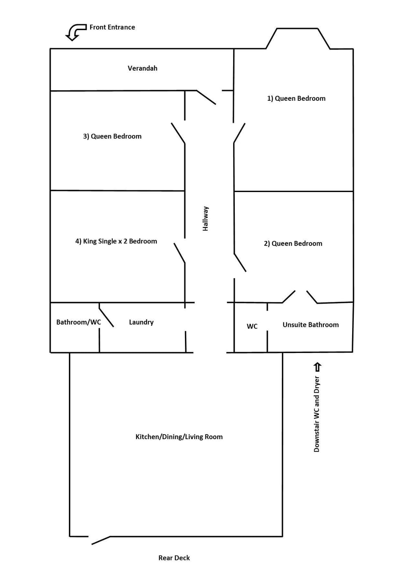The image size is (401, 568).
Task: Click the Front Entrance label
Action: tap(112, 27)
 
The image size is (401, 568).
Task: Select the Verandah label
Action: tap(142, 68)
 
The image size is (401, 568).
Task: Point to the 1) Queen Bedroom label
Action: tap(296, 98)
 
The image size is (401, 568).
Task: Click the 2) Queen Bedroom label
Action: tap(293, 243)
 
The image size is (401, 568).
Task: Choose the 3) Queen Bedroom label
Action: tap(112, 136)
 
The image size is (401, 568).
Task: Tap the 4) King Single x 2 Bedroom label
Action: tap(116, 241)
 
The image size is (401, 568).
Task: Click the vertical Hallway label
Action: tap(206, 218)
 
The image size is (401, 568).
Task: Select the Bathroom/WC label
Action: tap(79, 322)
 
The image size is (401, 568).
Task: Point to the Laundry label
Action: tap(141, 322)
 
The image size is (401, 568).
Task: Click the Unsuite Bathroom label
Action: tap(310, 325)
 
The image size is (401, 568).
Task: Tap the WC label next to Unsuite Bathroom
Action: tap(252, 326)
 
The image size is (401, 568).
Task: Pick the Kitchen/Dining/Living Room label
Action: tap(179, 437)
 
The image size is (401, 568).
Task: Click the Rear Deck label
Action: tap(174, 558)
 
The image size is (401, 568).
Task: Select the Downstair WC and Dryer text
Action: tap(317, 414)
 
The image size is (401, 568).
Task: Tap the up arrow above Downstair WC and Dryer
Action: tap(317, 367)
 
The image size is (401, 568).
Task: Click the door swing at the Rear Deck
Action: tap(101, 540)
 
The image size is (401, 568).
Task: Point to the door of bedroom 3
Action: tap(178, 133)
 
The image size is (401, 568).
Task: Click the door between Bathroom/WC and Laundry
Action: tap(106, 317)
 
